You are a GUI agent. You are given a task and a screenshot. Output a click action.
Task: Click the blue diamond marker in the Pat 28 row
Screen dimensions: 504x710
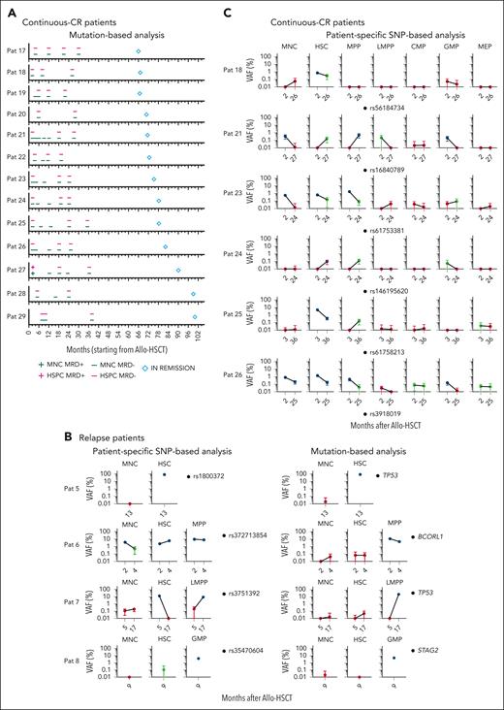[x=193, y=294]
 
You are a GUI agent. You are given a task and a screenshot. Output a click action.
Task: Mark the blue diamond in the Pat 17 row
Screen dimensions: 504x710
[x=139, y=51]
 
